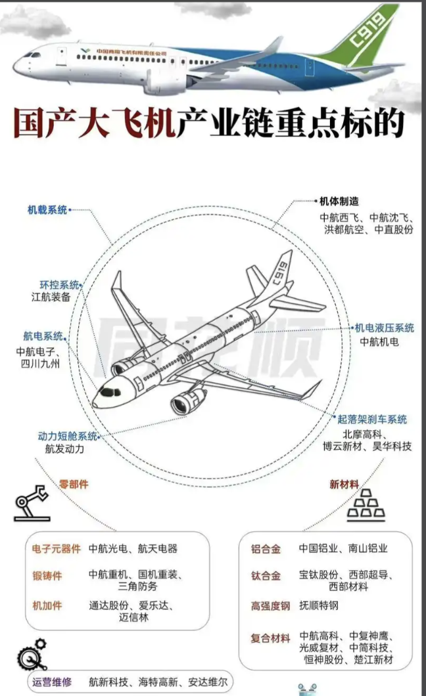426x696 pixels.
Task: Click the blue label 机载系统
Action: pos(47,210)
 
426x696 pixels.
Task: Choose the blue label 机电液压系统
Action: pos(385,328)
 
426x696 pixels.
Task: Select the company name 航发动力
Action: pos(64,449)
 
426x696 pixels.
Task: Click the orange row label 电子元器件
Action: pos(56,548)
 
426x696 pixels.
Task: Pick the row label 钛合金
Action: pos(266,576)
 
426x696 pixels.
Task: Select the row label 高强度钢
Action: pos(270,606)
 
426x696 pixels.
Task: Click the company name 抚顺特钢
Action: pos(321,606)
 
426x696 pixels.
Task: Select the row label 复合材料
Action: pos(270,638)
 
